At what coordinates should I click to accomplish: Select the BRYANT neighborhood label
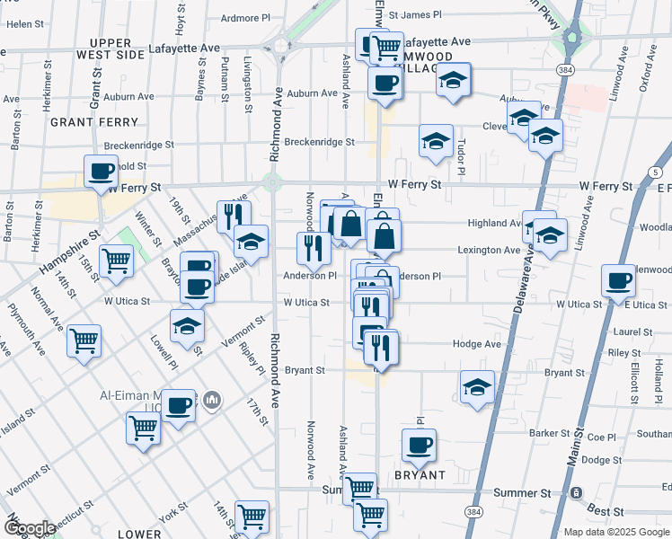coord(420,474)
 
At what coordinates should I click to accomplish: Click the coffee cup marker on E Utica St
coord(619,279)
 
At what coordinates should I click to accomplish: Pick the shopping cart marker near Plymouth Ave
coord(84,340)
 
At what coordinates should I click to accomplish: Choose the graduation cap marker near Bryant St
coord(477,387)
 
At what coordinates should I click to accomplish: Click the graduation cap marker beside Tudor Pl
coord(436,141)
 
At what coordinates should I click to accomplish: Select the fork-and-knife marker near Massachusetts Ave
coord(233,216)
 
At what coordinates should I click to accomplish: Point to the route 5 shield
coord(657,171)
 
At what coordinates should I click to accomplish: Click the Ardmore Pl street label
coord(245,17)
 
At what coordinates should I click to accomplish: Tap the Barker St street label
coord(544,433)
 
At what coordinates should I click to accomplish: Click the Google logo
coord(29,528)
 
